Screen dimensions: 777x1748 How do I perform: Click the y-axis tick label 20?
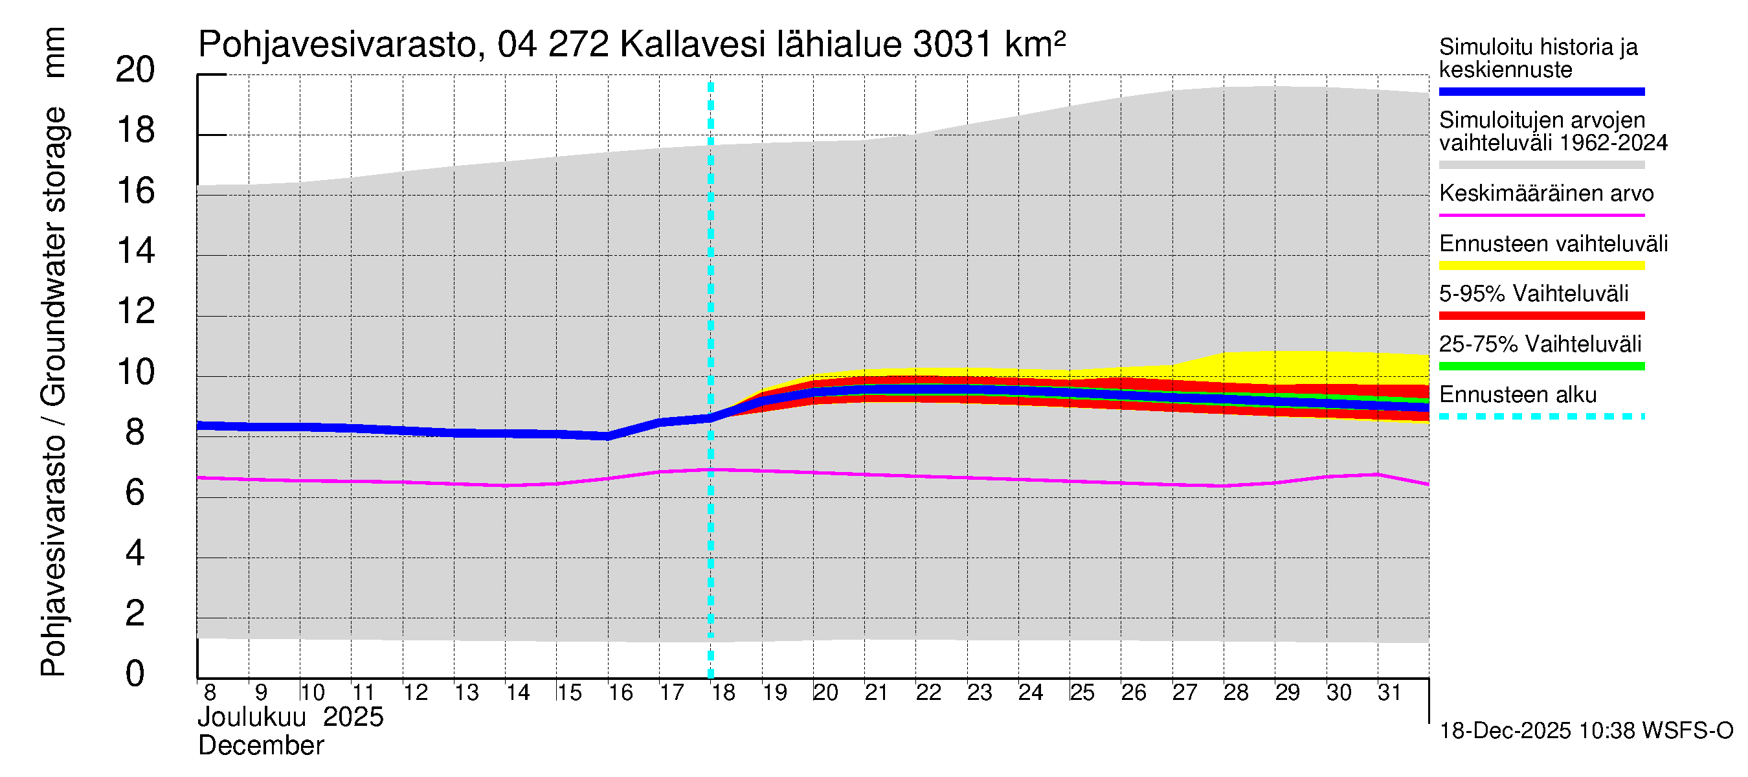135,70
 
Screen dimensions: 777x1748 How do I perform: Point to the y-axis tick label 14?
135,251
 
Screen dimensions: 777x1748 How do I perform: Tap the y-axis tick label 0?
135,674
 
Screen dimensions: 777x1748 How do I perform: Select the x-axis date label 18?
723,693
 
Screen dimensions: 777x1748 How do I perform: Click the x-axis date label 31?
1389,693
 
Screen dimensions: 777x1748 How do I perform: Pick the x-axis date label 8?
210,693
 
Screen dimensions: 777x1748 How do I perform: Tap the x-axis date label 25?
1082,693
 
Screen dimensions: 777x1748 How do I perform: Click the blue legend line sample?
1541,91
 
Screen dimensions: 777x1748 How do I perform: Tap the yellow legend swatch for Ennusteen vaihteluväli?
1541,265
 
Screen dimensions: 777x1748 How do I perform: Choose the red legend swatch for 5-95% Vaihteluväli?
1541,315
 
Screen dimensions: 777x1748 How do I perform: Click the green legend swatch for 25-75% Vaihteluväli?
1541,366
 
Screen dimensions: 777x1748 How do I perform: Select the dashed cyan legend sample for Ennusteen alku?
1541,416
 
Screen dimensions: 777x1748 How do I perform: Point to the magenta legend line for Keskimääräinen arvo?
1541,215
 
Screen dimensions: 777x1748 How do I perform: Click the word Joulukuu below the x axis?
252,717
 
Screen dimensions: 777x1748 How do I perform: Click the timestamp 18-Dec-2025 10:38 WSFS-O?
1586,731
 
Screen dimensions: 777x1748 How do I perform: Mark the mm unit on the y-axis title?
54,52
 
